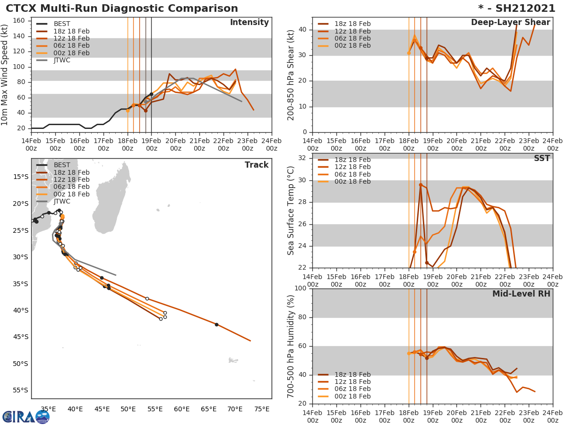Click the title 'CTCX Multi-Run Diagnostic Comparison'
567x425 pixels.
tap(122, 8)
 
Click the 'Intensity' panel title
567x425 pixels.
tap(249, 23)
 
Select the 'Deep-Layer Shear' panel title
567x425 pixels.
tap(510, 23)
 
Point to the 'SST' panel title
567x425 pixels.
tap(541, 159)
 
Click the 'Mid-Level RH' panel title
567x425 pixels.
tap(521, 294)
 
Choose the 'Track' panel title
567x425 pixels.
tap(256, 165)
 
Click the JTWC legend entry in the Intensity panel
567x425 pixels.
tap(62, 60)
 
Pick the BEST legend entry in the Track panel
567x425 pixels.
tap(61, 165)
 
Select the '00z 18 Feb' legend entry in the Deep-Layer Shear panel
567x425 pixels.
tap(352, 45)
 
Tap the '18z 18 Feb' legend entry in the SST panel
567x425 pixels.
tap(352, 160)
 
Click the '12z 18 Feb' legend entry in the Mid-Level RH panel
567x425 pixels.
tap(352, 382)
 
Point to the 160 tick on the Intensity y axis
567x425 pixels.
tap(21, 21)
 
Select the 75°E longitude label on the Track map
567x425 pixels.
tap(262, 409)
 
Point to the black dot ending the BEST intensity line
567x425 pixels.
tap(151, 94)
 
